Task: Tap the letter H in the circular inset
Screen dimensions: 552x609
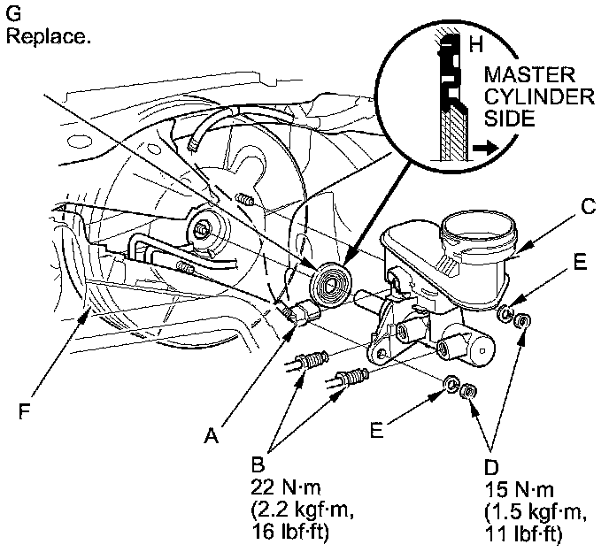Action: [x=475, y=43]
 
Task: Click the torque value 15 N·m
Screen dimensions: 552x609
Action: [x=516, y=487]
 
